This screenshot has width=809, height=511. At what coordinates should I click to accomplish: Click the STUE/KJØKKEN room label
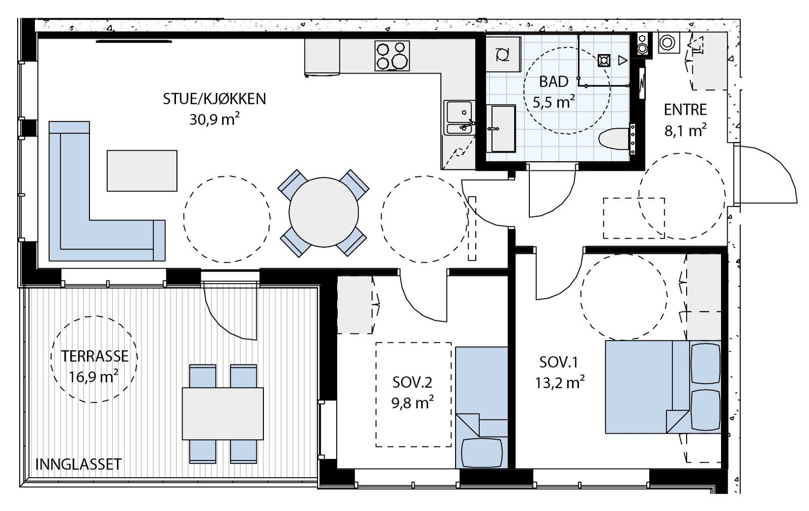pyautogui.click(x=214, y=99)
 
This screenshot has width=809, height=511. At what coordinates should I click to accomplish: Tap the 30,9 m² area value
pyautogui.click(x=214, y=119)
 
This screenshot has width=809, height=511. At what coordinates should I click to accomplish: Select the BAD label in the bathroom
pyautogui.click(x=554, y=81)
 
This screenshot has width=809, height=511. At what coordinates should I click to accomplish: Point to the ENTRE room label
pyautogui.click(x=685, y=110)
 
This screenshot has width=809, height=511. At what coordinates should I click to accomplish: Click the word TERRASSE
pyautogui.click(x=94, y=356)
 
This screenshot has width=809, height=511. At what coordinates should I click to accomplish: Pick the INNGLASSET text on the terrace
pyautogui.click(x=78, y=464)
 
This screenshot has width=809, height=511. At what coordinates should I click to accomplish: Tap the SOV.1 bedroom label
pyautogui.click(x=559, y=362)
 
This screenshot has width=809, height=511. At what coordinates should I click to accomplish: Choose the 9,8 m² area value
pyautogui.click(x=413, y=402)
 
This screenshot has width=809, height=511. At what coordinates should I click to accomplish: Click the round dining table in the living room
pyautogui.click(x=324, y=212)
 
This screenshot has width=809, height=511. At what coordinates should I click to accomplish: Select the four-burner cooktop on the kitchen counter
pyautogui.click(x=392, y=56)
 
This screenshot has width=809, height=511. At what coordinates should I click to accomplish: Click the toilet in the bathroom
pyautogui.click(x=616, y=138)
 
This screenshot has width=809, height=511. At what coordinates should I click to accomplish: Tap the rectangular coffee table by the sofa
pyautogui.click(x=142, y=171)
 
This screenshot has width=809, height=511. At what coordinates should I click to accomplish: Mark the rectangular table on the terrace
pyautogui.click(x=223, y=413)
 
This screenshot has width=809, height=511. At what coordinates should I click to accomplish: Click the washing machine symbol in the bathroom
pyautogui.click(x=503, y=54)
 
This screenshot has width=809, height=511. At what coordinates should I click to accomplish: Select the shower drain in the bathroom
pyautogui.click(x=604, y=60)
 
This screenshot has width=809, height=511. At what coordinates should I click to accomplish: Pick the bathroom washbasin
pyautogui.click(x=501, y=128)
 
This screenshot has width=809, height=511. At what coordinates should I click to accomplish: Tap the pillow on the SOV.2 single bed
pyautogui.click(x=481, y=453)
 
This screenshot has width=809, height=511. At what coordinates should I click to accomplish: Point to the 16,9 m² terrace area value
pyautogui.click(x=94, y=378)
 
